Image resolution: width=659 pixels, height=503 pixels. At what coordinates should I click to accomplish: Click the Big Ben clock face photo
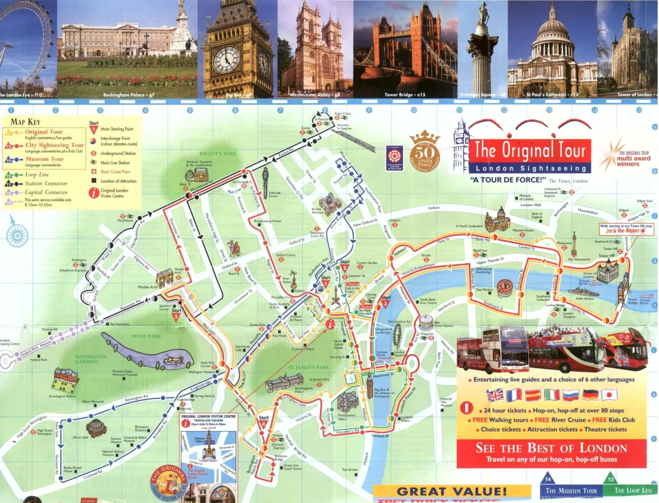tap(227, 60)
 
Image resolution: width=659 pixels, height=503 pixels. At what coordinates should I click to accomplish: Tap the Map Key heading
tap(25, 122)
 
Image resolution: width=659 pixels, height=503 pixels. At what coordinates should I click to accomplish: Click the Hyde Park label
tap(147, 336)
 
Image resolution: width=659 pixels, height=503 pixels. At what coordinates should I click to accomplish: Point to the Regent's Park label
tap(218, 154)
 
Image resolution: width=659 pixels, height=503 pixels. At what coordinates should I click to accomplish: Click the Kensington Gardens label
tap(91, 359)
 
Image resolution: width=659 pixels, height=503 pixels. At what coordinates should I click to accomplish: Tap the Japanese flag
tap(609, 395)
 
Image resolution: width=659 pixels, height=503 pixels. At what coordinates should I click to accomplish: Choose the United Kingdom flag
tap(495, 395)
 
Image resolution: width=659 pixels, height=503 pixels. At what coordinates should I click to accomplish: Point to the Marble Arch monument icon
tap(165, 278)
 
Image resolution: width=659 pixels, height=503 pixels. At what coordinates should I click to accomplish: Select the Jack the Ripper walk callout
tap(626, 228)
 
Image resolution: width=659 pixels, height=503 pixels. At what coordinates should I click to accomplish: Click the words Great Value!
tap(452, 492)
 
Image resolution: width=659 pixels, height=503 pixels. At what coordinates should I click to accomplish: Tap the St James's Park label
tap(308, 368)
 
